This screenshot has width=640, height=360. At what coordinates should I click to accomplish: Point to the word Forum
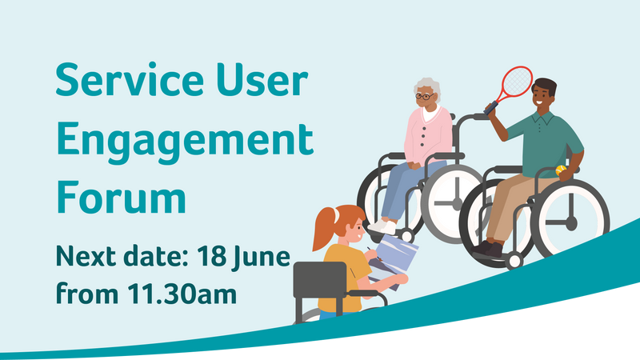tap(122, 197)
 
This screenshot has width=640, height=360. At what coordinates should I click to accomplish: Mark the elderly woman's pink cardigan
tap(428, 136)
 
